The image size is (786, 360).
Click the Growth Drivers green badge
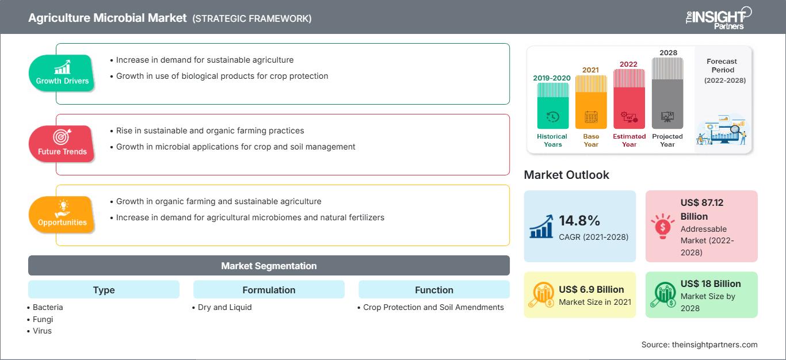point(62,74)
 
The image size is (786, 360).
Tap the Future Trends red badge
point(62,144)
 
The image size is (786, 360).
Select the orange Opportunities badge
point(62,215)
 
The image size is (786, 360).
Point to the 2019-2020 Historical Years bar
point(552,106)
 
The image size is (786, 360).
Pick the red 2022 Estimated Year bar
point(629,98)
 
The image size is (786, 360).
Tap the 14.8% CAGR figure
point(579,221)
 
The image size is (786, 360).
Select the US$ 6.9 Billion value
point(591,289)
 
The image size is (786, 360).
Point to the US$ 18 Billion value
point(710,284)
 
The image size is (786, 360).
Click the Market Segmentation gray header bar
point(269,266)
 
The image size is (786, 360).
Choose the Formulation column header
point(269,290)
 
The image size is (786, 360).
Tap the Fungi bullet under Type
point(42,319)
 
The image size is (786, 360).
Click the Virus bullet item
point(42,331)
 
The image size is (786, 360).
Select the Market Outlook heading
point(566,175)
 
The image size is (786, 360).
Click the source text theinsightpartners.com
point(699,344)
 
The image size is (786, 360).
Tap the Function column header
point(434,290)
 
